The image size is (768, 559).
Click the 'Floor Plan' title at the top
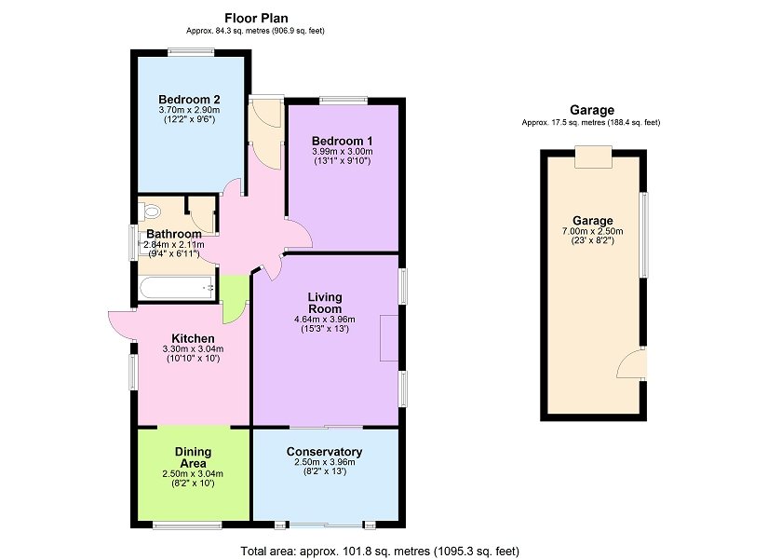point(256,18)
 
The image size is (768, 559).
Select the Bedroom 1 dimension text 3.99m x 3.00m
point(343,152)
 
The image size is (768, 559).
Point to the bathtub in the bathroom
point(177,287)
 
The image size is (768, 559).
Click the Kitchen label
point(193,339)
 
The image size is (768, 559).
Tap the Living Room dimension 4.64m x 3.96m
point(325,320)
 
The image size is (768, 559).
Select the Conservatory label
point(324,452)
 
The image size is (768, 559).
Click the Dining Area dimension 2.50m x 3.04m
point(193,473)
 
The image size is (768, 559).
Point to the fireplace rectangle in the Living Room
point(389,338)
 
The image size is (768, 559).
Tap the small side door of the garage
point(632,363)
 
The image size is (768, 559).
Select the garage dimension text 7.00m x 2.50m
point(593,231)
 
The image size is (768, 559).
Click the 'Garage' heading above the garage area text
point(592,110)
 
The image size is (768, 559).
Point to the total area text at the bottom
point(380,552)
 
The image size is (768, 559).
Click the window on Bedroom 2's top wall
point(191,51)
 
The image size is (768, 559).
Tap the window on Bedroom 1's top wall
point(344,100)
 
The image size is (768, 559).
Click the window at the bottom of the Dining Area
point(187,525)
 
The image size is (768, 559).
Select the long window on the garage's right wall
point(644,236)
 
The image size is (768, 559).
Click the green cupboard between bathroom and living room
point(234,299)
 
